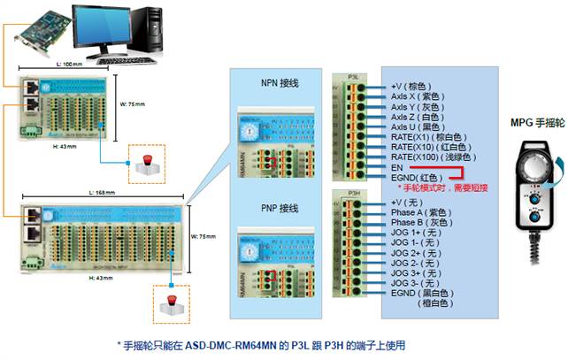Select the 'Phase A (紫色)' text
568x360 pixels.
(426, 212)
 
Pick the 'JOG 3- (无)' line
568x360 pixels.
(417, 282)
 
